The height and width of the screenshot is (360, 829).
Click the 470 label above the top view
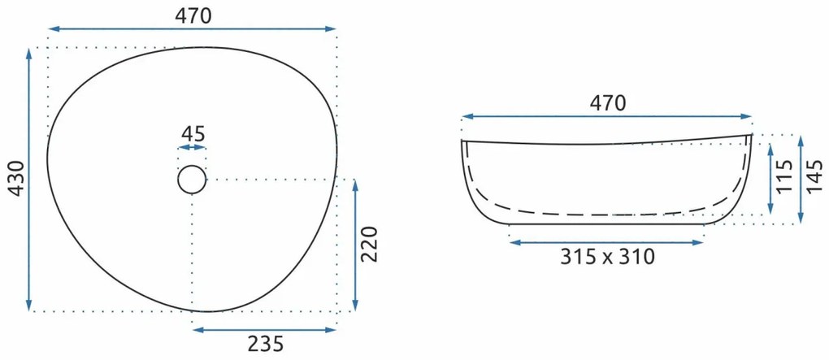(193, 16)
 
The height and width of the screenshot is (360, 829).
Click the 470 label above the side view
(607, 104)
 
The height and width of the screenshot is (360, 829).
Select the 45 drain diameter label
(192, 134)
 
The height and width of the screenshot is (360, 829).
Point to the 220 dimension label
(370, 245)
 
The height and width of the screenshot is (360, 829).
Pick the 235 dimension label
(266, 344)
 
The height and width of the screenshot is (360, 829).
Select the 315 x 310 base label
(607, 257)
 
